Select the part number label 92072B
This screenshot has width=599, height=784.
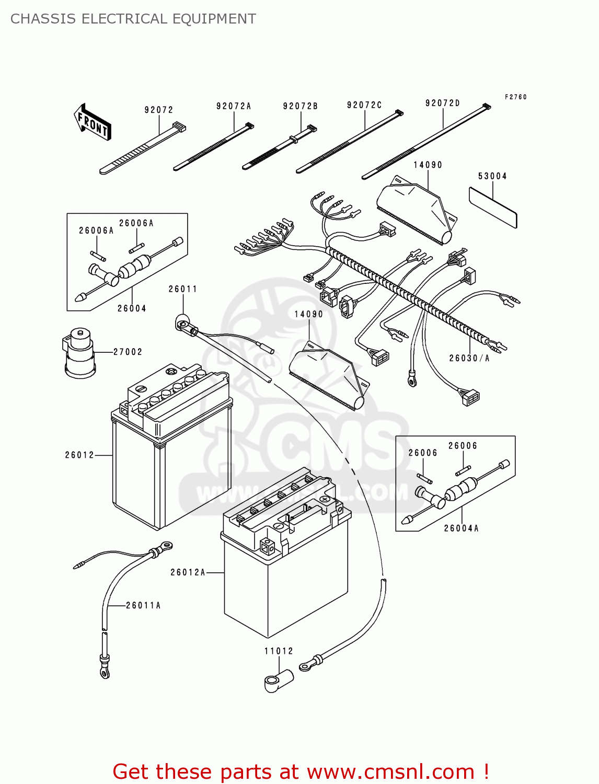[301, 106]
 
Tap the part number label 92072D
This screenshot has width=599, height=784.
[443, 103]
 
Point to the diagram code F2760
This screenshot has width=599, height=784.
[515, 97]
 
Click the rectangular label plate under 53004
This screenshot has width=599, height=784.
[492, 207]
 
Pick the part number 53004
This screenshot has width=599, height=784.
[492, 176]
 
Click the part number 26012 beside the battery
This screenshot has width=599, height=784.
[79, 455]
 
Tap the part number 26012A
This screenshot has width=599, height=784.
[188, 572]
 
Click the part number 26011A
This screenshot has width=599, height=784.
[143, 605]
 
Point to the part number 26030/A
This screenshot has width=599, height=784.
[469, 358]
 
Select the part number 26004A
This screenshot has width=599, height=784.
[461, 528]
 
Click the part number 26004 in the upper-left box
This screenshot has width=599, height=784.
[132, 308]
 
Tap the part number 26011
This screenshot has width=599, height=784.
[182, 289]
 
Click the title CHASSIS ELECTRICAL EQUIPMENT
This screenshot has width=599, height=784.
[133, 19]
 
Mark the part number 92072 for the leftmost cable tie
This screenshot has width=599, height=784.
[159, 110]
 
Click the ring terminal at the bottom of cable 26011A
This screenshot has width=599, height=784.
[105, 673]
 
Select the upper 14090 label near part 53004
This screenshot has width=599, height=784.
[428, 165]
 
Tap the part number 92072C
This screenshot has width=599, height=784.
[364, 105]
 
